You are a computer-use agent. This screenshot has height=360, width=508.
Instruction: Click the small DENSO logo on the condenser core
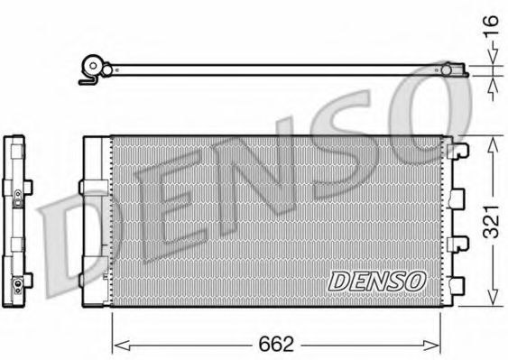click(376, 282)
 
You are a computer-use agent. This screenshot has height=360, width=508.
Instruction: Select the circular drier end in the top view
click(91, 66)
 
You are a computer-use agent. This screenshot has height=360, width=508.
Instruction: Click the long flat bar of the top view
click(271, 69)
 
